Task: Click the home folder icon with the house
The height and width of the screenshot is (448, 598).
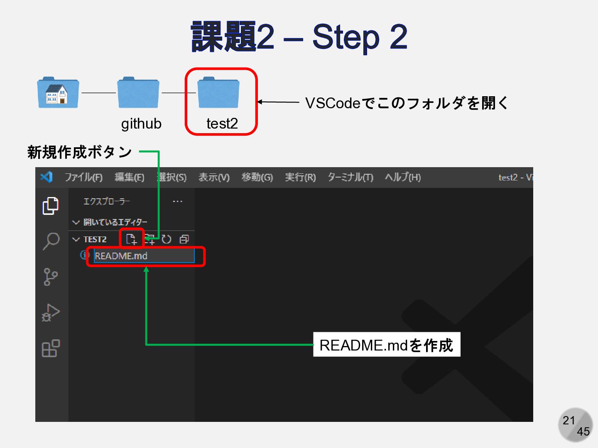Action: pyautogui.click(x=58, y=93)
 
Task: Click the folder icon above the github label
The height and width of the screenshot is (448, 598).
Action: pyautogui.click(x=138, y=93)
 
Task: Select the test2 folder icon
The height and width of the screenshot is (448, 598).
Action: pyautogui.click(x=218, y=93)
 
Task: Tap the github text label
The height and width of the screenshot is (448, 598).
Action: pyautogui.click(x=141, y=124)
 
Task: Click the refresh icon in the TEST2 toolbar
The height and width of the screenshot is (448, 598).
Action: pyautogui.click(x=167, y=239)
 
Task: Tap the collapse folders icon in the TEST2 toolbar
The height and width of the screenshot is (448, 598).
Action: pyautogui.click(x=184, y=239)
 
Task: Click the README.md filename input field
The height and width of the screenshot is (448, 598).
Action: pyautogui.click(x=144, y=256)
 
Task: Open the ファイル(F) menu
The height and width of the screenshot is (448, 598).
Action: pyautogui.click(x=83, y=178)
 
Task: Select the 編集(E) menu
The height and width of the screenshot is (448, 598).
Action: pyautogui.click(x=130, y=178)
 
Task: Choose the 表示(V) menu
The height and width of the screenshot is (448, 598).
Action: pyautogui.click(x=214, y=178)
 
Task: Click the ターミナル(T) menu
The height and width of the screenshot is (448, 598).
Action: pyautogui.click(x=350, y=178)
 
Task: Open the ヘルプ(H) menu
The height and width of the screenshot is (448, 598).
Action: pyautogui.click(x=403, y=178)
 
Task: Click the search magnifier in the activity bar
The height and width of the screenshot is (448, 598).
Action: pyautogui.click(x=51, y=241)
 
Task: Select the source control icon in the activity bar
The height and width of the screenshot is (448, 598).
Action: pyautogui.click(x=51, y=277)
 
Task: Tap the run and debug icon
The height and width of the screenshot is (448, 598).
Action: pyautogui.click(x=51, y=313)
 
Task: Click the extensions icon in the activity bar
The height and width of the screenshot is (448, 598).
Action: pyautogui.click(x=51, y=348)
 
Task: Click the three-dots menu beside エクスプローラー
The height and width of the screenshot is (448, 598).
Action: pyautogui.click(x=178, y=202)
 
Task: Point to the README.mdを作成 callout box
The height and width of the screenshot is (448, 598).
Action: pyautogui.click(x=387, y=345)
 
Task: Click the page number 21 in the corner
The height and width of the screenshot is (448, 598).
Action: pyautogui.click(x=569, y=421)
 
